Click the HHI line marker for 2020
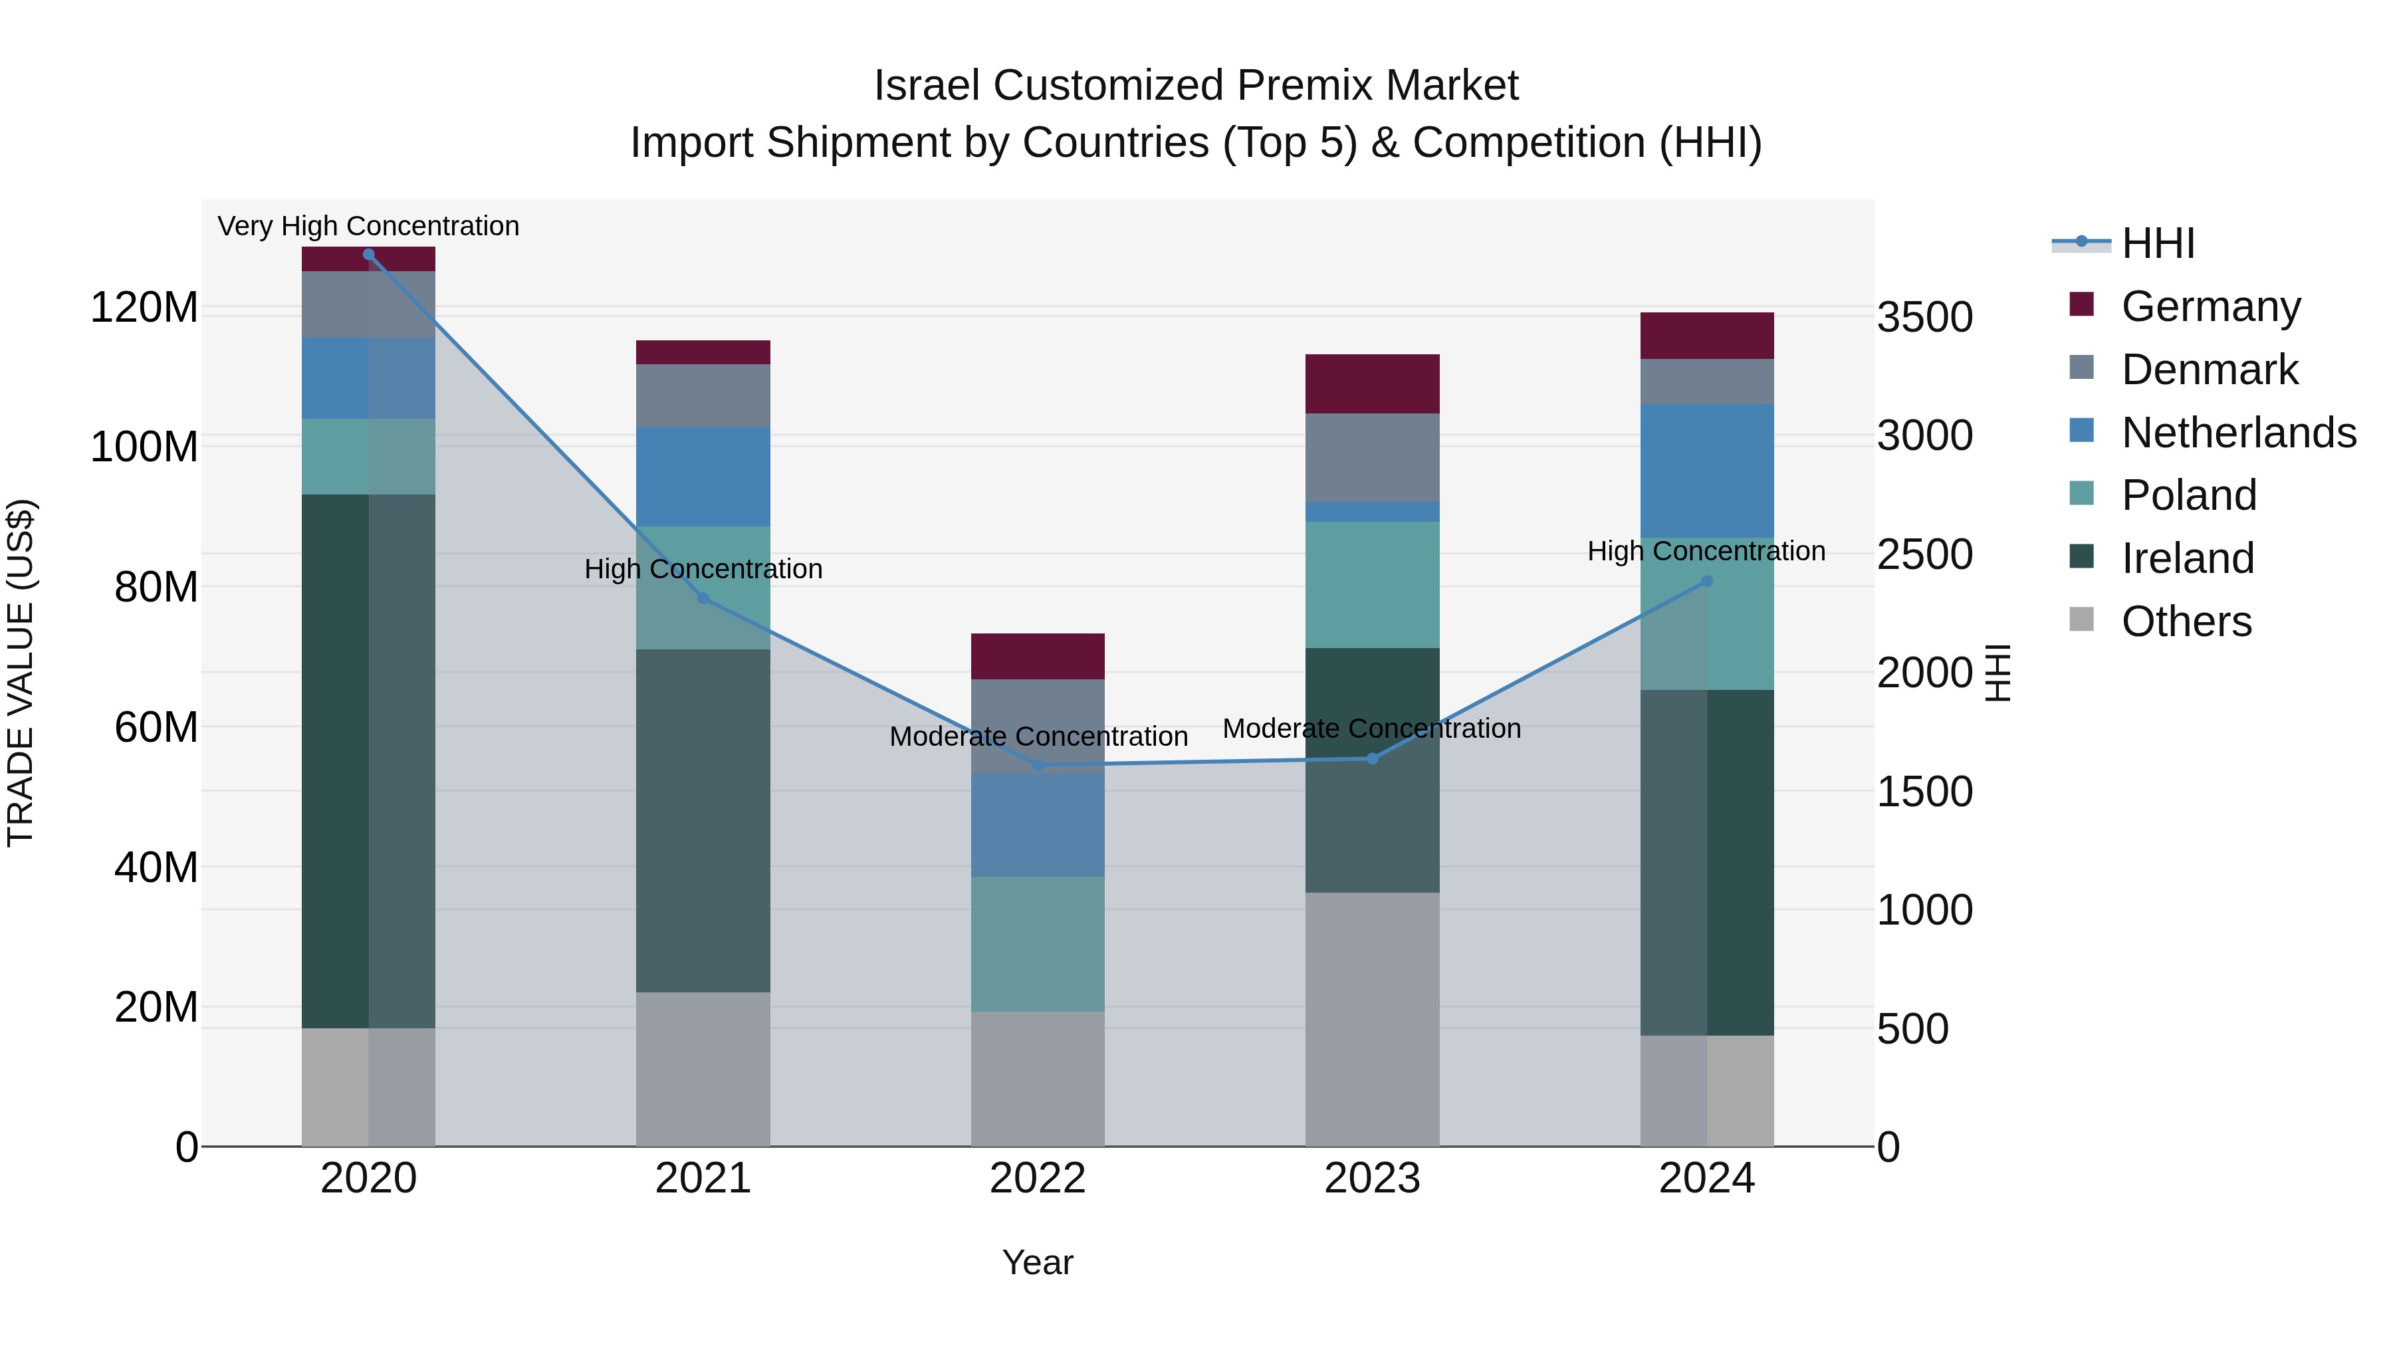point(369,255)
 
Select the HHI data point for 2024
point(1706,582)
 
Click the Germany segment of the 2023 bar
point(1372,384)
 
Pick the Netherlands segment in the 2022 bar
point(1038,825)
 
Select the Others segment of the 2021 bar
point(703,1068)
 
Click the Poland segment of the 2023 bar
point(1372,584)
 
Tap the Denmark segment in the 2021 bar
point(703,395)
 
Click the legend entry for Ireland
point(2187,558)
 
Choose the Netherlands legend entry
point(2238,433)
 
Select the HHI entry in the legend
point(2157,243)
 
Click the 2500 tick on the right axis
point(1925,554)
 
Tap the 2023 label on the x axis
point(1372,1178)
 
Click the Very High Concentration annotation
point(369,226)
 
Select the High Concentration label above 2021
point(703,568)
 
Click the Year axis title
point(1038,1262)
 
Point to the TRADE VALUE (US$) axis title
point(21,673)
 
